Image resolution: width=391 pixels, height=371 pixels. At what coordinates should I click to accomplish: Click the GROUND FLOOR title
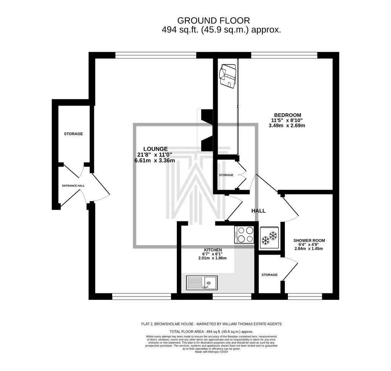(x=213, y=20)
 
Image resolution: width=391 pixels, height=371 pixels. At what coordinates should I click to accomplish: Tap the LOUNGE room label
(x=155, y=149)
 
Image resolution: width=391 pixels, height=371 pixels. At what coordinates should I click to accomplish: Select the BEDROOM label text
(x=288, y=115)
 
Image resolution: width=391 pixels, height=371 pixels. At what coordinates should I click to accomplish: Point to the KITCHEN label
(x=213, y=250)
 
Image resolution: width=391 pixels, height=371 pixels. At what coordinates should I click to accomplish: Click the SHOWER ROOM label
(x=309, y=241)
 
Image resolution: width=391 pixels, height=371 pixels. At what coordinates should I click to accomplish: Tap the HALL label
(x=259, y=211)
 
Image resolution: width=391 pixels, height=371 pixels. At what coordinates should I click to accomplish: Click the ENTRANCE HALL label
(x=73, y=186)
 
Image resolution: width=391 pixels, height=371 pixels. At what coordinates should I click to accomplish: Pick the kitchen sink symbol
(x=202, y=283)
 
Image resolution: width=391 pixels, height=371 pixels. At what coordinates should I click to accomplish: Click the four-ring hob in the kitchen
(x=244, y=234)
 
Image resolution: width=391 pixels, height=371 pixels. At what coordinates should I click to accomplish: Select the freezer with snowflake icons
(x=269, y=238)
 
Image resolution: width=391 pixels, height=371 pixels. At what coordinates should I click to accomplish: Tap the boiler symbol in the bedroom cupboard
(x=227, y=76)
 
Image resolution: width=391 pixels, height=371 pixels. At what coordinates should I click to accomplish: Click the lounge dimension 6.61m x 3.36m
(x=155, y=161)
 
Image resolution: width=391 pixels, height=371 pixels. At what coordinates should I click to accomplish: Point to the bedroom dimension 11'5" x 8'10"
(x=287, y=120)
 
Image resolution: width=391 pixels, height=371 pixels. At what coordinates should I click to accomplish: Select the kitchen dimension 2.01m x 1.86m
(x=212, y=258)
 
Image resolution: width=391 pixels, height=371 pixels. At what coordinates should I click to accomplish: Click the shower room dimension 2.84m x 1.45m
(x=309, y=249)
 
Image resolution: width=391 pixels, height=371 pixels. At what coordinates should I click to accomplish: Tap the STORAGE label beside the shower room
(x=270, y=275)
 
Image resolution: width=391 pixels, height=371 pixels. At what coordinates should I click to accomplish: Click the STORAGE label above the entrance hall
(x=73, y=134)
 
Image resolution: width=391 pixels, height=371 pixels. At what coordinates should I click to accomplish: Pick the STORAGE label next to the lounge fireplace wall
(x=226, y=175)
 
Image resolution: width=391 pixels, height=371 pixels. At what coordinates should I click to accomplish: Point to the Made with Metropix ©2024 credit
(x=212, y=352)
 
